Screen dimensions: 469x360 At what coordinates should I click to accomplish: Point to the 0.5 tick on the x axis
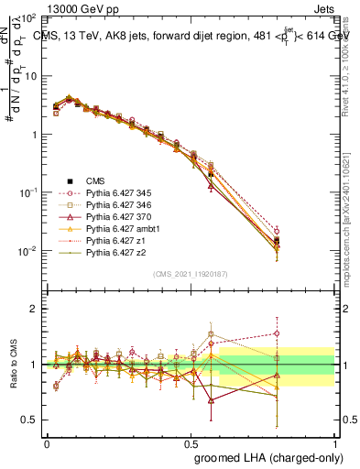coord(191,442)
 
